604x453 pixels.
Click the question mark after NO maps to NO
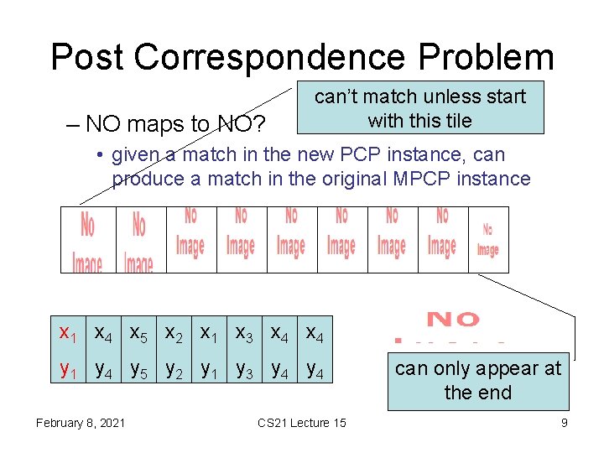(x=259, y=124)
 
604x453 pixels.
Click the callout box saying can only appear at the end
(x=477, y=381)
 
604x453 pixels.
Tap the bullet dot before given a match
(x=99, y=155)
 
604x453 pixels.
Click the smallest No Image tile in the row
(x=487, y=239)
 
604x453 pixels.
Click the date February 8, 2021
(x=81, y=423)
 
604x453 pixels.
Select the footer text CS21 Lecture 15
(x=301, y=423)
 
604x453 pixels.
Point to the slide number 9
(x=564, y=423)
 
